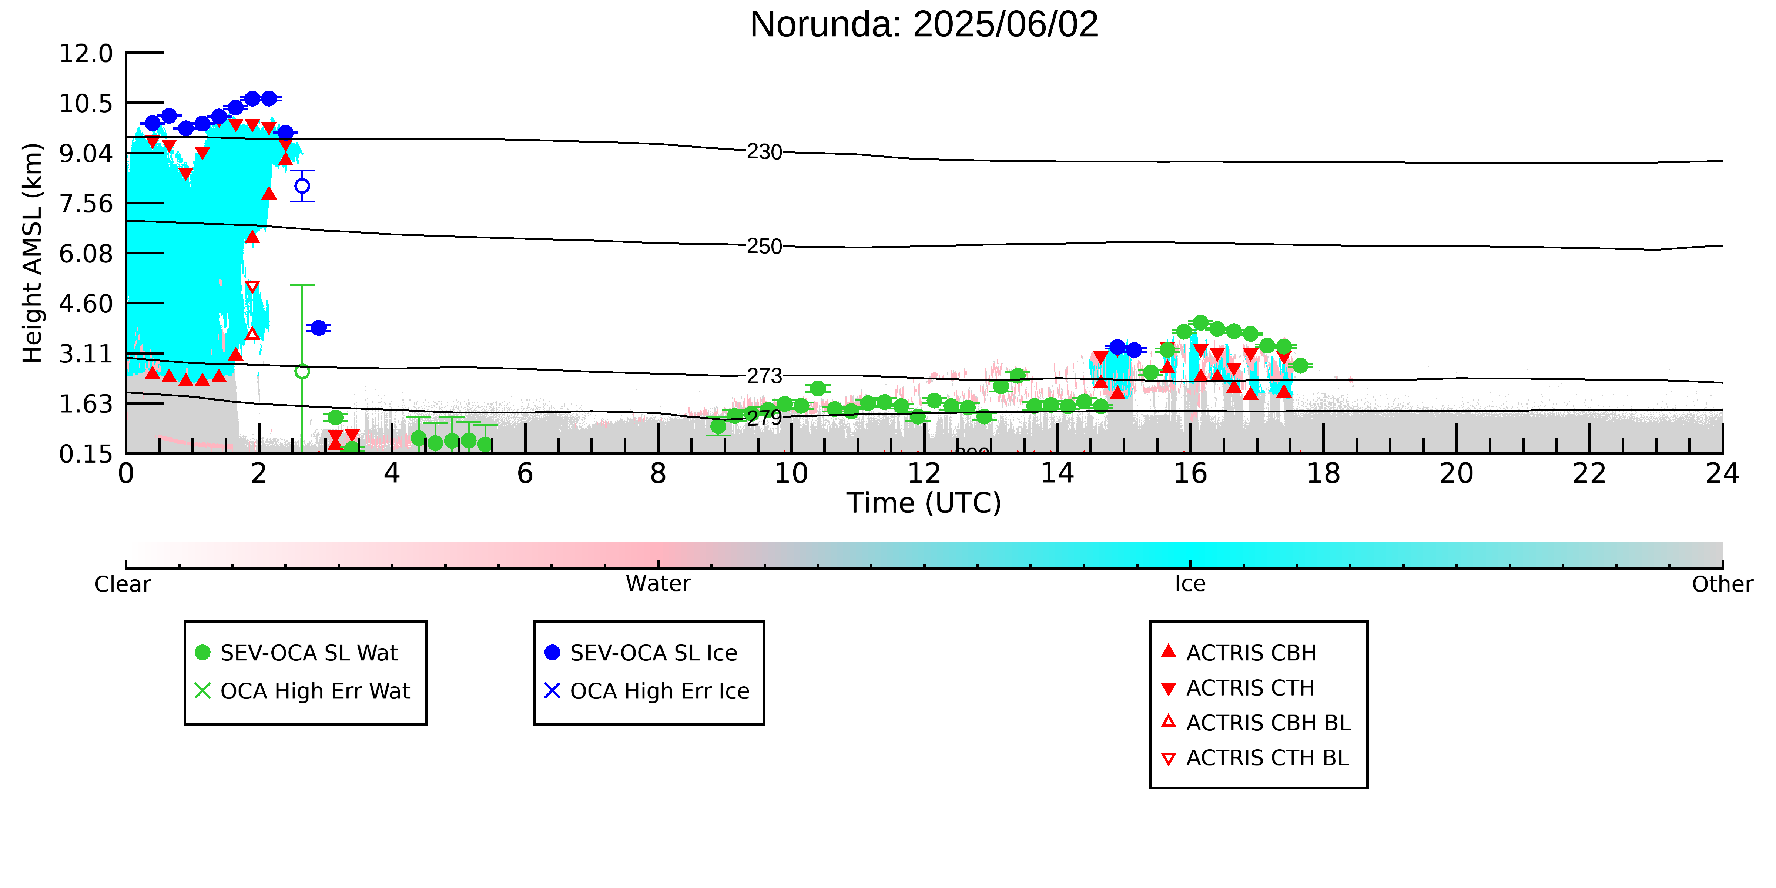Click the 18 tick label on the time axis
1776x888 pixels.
[x=1323, y=474]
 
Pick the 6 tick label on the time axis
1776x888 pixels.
[x=525, y=474]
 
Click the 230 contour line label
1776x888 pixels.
[x=765, y=152]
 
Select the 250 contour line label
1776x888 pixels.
[x=765, y=246]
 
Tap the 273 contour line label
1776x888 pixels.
[x=765, y=376]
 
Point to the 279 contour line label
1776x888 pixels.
[x=765, y=417]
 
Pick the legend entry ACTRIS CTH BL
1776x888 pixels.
[x=1255, y=758]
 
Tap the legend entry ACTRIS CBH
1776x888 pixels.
[x=1239, y=652]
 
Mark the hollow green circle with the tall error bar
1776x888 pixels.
[x=302, y=372]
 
